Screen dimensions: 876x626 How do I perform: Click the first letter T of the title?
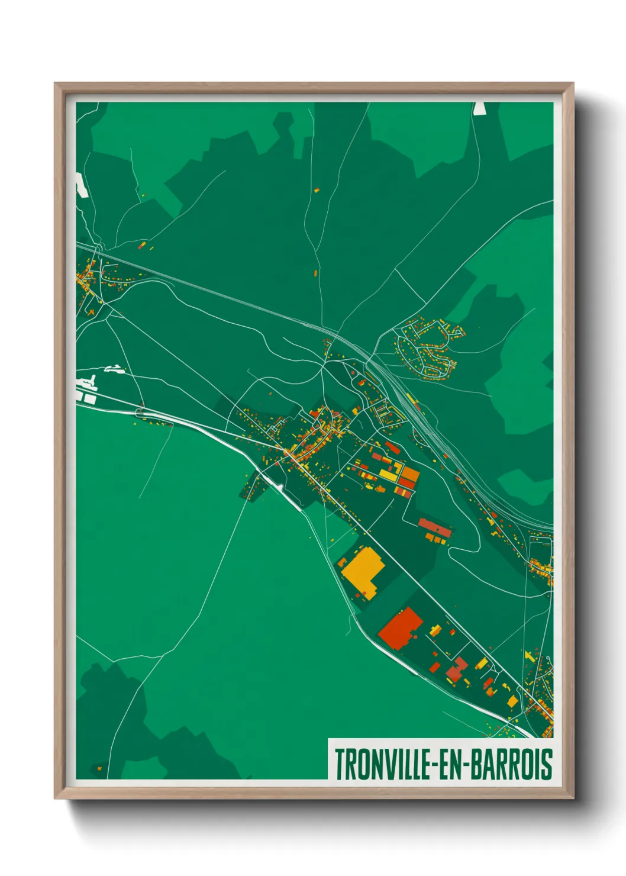(x=340, y=764)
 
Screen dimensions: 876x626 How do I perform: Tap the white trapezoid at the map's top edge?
(x=479, y=108)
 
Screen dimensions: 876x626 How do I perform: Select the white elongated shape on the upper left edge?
(x=80, y=185)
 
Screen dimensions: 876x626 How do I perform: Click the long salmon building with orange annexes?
(x=435, y=526)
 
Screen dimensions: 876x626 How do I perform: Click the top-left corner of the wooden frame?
(x=55, y=83)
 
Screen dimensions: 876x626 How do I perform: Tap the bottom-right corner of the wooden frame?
(x=572, y=797)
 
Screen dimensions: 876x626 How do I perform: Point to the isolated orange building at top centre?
(x=316, y=190)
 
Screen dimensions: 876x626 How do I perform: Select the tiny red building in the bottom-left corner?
(x=99, y=768)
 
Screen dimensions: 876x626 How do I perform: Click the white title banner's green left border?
(x=329, y=759)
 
